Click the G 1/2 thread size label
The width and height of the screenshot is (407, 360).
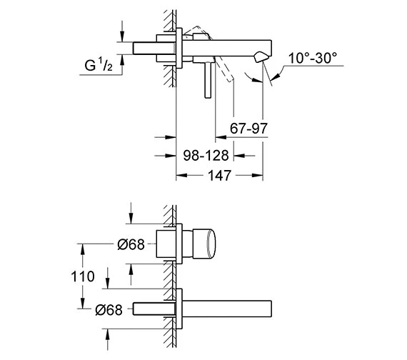[99, 65]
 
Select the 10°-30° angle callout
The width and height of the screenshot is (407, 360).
[313, 58]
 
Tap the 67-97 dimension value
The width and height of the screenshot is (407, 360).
[248, 129]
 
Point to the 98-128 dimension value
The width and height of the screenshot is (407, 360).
[206, 155]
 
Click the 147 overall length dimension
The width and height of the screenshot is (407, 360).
[220, 176]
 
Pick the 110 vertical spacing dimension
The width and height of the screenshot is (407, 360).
[83, 276]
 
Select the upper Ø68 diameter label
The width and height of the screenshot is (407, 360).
[131, 244]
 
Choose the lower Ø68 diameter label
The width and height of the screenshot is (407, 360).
[109, 309]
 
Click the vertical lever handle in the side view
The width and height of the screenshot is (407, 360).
[208, 80]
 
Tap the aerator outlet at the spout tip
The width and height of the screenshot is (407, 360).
[260, 57]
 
